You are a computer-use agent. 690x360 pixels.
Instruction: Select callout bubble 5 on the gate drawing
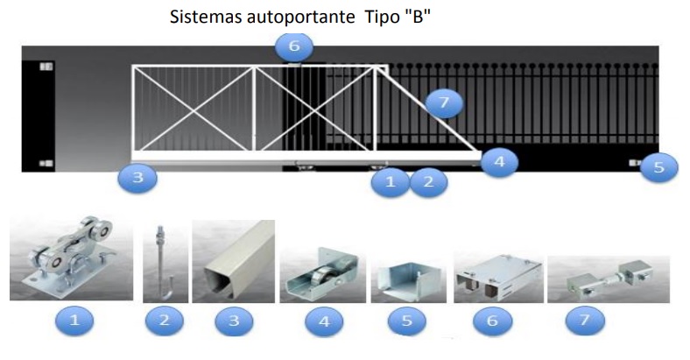pos(658,167)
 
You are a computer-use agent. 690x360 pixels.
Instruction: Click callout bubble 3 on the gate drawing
pos(138,180)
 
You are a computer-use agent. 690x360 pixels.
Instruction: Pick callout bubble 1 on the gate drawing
pos(389,182)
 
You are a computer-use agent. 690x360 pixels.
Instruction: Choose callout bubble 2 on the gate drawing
pos(428,182)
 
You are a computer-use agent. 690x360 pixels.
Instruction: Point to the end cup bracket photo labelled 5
pos(406,279)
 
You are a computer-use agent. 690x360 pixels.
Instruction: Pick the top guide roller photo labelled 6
pos(495,275)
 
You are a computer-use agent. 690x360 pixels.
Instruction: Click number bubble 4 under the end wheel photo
pos(325,321)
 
